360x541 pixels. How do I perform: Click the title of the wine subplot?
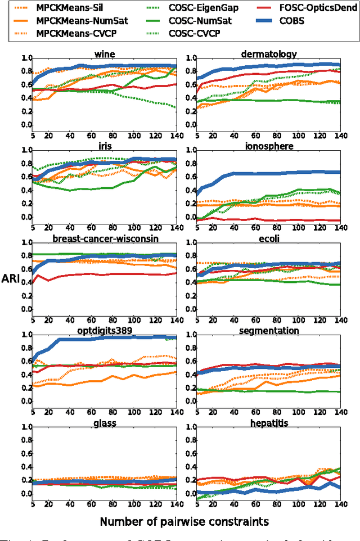[x=104, y=54]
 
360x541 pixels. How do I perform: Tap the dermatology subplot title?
[x=269, y=54]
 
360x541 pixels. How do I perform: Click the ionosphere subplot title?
[x=269, y=146]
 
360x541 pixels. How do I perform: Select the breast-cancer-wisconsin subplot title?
[x=105, y=238]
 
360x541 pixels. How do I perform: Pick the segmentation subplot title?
[x=269, y=331]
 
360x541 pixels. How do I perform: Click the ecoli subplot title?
[x=269, y=238]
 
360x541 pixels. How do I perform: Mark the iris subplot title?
[x=104, y=146]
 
